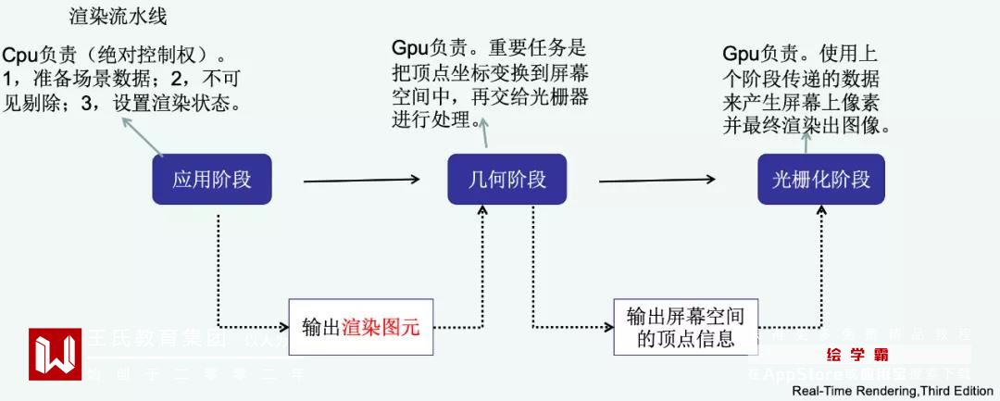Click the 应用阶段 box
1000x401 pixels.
click(212, 179)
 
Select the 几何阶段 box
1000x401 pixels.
click(507, 179)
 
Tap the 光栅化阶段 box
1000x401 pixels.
click(821, 179)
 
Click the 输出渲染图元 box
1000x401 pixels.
click(361, 327)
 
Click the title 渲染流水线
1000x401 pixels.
click(119, 18)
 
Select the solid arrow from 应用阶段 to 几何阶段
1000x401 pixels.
click(362, 180)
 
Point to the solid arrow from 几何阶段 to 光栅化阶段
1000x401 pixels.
click(658, 180)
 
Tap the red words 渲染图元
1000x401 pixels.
click(381, 327)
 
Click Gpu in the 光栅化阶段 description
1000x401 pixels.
click(741, 53)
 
